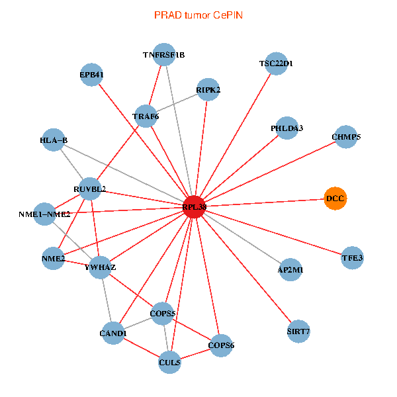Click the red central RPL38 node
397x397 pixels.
(194, 206)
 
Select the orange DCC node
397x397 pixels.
(335, 198)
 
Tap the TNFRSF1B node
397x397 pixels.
(164, 55)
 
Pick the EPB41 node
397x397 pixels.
(92, 75)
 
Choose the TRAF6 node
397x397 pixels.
(146, 116)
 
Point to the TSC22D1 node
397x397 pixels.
(276, 64)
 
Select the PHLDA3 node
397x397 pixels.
(287, 128)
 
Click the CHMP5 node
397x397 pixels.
(346, 137)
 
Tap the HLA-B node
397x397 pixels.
(54, 140)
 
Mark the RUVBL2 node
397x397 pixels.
(90, 189)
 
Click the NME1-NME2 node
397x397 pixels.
(44, 214)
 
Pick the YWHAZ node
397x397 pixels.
(101, 267)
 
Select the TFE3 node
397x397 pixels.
(353, 257)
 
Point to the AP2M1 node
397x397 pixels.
(291, 270)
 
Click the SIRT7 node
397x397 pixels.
(298, 330)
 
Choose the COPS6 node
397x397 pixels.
(221, 345)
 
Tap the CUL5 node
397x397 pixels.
(169, 362)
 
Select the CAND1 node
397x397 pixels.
(112, 333)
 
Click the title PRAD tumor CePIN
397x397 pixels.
(198, 15)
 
